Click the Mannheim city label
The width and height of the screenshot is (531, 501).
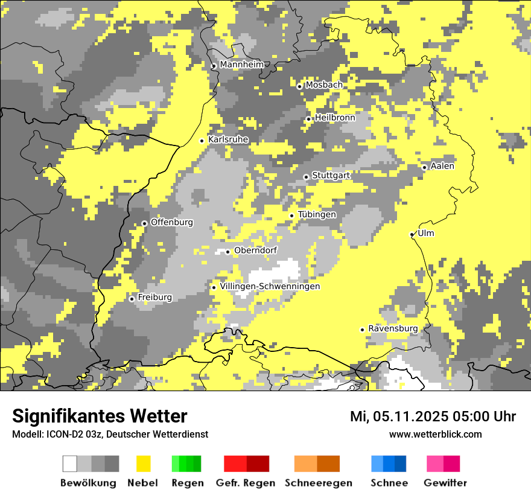[x=241, y=65]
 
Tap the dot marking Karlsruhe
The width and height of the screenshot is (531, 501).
[x=202, y=141]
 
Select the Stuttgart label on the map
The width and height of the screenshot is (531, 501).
[x=331, y=175]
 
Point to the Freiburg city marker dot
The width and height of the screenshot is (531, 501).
[x=132, y=299]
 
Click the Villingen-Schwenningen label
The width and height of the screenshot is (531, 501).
[x=270, y=286]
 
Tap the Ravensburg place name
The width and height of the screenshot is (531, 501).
[x=393, y=328]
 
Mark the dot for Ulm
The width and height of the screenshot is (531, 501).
[x=412, y=234]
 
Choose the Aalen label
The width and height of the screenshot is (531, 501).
[x=442, y=166]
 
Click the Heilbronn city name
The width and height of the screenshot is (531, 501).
[x=335, y=117]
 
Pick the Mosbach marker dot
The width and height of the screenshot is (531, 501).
[x=299, y=86]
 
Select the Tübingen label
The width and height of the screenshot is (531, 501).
[x=317, y=214]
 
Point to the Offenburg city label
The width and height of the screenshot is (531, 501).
[x=171, y=222]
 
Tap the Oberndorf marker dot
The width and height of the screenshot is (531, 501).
[x=227, y=252]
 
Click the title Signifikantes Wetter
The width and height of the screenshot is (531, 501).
[x=100, y=416]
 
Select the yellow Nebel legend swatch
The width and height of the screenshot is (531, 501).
[x=143, y=464]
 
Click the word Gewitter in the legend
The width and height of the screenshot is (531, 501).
[x=445, y=483]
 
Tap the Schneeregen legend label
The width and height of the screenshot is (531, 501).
[x=318, y=483]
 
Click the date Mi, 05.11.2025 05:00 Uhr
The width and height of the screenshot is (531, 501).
[x=433, y=416]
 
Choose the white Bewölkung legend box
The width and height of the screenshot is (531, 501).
[x=70, y=464]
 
